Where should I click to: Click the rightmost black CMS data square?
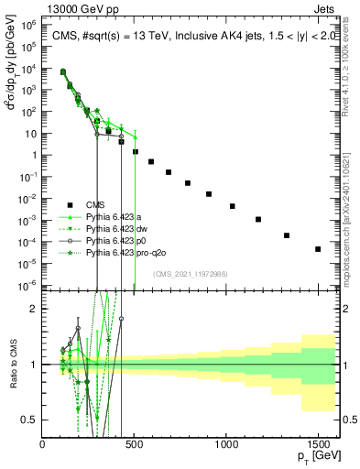tap(318, 249)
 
